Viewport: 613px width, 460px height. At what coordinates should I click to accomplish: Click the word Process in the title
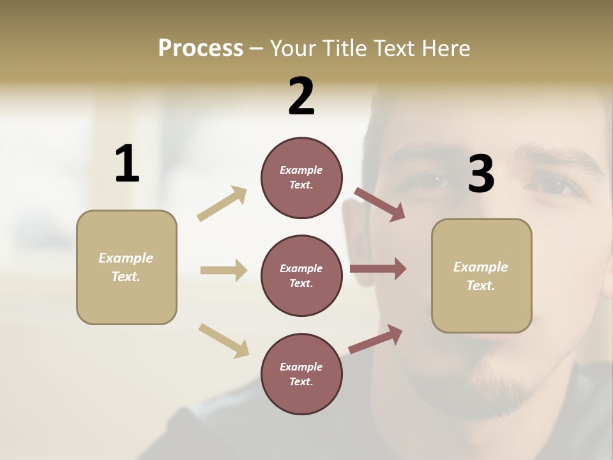201,48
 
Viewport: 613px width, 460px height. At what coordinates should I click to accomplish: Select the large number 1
127,164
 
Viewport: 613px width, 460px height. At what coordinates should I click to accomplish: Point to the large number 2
301,96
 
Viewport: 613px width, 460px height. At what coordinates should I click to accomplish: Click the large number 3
481,174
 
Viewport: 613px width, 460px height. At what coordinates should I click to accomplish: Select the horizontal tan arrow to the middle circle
223,270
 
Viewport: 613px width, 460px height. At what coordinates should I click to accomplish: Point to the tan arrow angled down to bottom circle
223,341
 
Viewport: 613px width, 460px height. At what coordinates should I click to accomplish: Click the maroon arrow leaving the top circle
379,204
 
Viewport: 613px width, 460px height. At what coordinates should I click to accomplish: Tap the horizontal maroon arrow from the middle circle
378,268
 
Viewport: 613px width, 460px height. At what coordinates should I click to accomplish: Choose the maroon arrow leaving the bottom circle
375,339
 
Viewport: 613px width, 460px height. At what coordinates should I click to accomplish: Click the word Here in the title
446,48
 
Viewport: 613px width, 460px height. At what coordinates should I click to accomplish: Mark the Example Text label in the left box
126,267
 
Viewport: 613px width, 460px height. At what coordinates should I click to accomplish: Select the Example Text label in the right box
481,276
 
